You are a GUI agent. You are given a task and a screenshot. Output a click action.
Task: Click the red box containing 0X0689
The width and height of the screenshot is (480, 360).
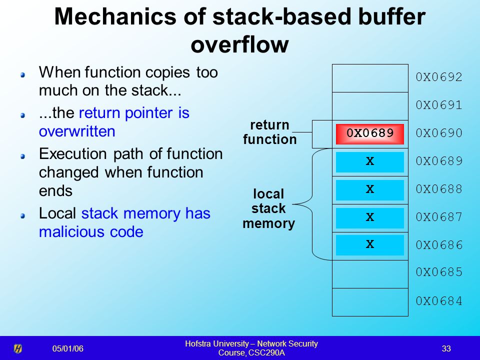coord(369,133)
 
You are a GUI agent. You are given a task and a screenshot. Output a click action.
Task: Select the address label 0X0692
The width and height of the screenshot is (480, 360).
coord(438,77)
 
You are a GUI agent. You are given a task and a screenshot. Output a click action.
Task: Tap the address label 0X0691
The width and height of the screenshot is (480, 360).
coord(438,105)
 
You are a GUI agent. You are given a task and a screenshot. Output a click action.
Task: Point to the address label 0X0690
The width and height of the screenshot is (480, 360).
coord(438,133)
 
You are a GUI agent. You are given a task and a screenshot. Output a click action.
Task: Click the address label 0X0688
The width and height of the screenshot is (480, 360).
coord(438,189)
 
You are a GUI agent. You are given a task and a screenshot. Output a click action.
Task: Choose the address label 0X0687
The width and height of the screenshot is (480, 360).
coord(438,217)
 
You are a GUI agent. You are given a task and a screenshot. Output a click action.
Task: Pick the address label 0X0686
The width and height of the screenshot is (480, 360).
coord(438,245)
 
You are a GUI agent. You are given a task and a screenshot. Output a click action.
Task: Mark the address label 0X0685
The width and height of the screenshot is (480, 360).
coord(438,273)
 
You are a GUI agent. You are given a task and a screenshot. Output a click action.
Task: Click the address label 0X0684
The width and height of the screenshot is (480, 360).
coord(438,301)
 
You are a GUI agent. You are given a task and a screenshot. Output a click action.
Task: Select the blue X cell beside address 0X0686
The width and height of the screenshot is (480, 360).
coord(369,245)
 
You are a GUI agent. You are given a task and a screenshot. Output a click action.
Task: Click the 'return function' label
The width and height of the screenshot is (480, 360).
coord(269,132)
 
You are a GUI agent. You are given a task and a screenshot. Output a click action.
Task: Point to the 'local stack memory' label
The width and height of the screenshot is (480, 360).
coord(268,208)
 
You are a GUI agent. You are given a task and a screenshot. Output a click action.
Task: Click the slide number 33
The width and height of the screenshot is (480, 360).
coord(446,348)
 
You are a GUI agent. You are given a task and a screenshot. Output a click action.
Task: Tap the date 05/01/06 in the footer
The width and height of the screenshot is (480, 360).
coord(68,348)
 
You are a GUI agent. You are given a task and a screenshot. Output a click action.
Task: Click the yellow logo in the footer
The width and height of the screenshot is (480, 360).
coord(17,348)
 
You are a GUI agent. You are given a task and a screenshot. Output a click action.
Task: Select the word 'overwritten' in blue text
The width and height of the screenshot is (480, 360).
coord(77,131)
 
